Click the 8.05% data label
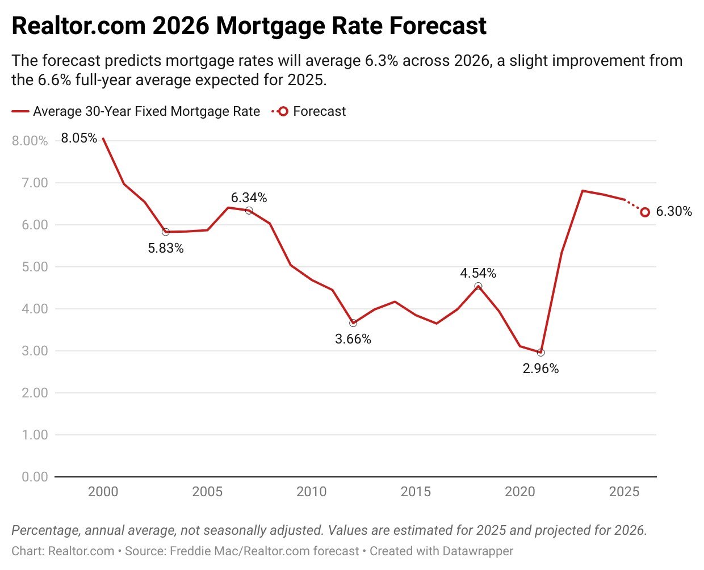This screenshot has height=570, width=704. [79, 138]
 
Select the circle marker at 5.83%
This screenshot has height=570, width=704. [166, 232]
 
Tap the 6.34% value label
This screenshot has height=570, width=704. [249, 198]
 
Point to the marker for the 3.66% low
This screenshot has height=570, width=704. [353, 323]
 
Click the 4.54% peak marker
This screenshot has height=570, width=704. [478, 287]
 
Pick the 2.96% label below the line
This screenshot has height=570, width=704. [540, 368]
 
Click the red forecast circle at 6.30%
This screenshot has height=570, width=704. [645, 212]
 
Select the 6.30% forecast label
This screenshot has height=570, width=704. [674, 211]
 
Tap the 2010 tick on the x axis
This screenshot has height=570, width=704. [311, 492]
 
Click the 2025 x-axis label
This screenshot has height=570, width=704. [624, 492]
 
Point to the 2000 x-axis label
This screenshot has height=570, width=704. [103, 492]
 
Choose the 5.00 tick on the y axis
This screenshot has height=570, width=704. [35, 267]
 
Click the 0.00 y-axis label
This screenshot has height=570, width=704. [35, 477]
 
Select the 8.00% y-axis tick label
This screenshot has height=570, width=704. [30, 141]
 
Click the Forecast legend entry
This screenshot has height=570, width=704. [319, 111]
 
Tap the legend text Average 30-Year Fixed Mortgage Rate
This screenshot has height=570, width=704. [146, 111]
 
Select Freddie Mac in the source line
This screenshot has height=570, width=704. [193, 551]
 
